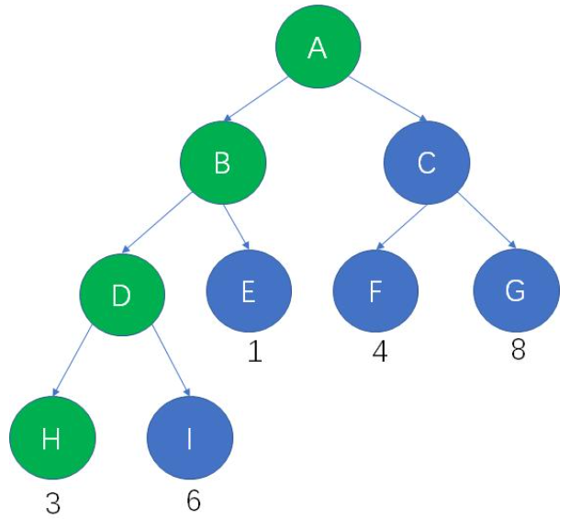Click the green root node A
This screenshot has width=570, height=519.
click(x=318, y=49)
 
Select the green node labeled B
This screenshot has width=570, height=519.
click(x=223, y=164)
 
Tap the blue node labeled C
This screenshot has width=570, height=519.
click(x=426, y=164)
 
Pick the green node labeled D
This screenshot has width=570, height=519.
click(x=122, y=295)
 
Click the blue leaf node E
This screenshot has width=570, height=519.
click(x=248, y=291)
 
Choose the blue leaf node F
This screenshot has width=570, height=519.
click(x=374, y=291)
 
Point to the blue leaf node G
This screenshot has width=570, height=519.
click(x=516, y=291)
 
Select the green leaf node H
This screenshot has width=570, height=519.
click(x=52, y=438)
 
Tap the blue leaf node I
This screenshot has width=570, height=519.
click(x=190, y=438)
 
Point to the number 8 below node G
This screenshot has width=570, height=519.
click(x=518, y=351)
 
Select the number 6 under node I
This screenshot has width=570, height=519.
click(x=192, y=501)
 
